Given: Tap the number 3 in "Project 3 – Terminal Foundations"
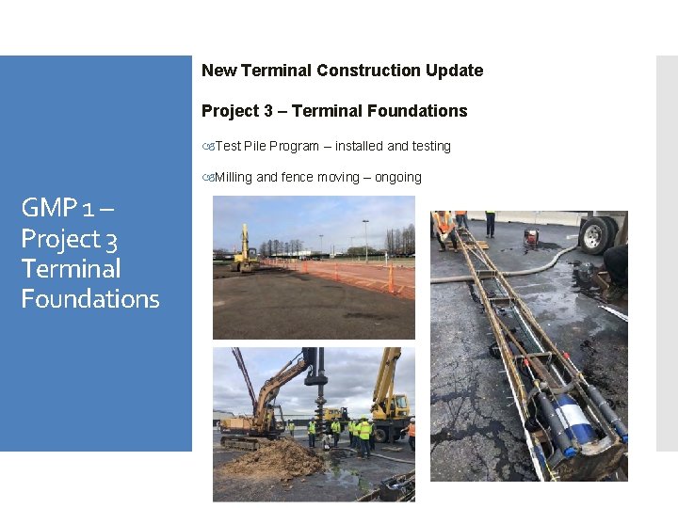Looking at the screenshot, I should pos(268,111).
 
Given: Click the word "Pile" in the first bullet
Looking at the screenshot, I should pos(255,146).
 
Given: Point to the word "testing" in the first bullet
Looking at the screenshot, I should pos(430,146).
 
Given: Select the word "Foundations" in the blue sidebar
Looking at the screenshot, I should pos(90,299).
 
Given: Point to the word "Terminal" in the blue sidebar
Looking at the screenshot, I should pos(72,269).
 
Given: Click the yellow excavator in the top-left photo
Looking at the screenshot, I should pos(245,252).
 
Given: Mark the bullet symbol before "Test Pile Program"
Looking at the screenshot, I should pos(209,147).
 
